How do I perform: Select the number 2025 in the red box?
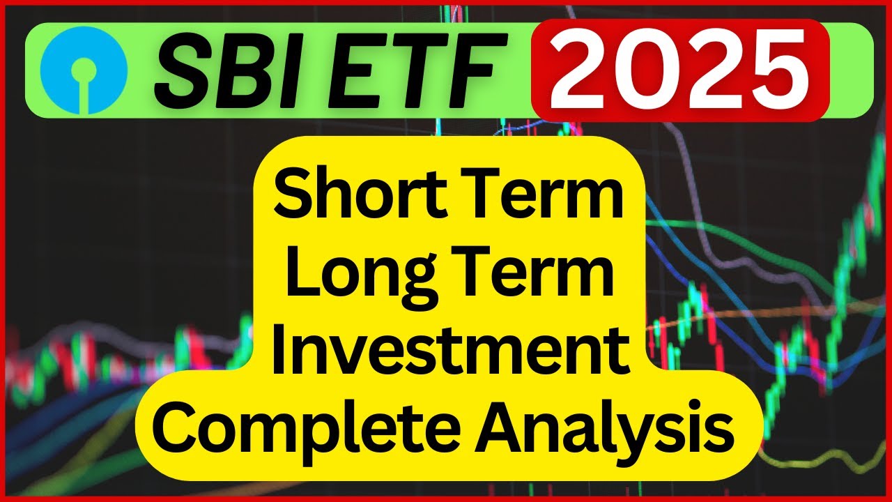coord(679,69)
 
